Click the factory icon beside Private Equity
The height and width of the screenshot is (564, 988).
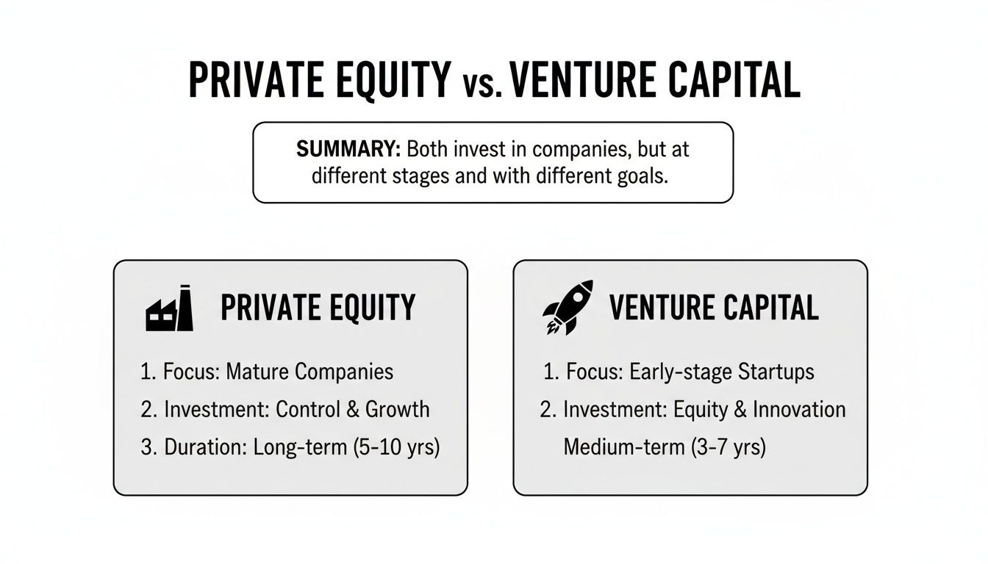169,308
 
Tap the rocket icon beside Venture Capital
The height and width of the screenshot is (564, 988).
568,307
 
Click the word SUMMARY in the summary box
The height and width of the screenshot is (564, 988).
348,149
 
